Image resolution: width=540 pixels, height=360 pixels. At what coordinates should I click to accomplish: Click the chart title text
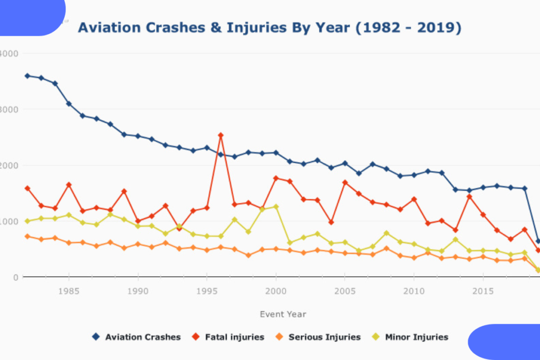[x=269, y=27]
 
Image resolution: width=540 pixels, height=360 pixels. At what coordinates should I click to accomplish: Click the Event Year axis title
[x=283, y=314]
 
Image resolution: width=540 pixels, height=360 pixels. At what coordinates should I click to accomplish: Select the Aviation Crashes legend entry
[x=137, y=337]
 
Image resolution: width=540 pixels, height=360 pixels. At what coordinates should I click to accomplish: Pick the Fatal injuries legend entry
[x=228, y=337]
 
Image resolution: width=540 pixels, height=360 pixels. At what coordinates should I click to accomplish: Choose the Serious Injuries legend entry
[x=318, y=337]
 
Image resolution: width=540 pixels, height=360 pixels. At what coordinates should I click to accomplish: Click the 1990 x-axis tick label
[x=138, y=291]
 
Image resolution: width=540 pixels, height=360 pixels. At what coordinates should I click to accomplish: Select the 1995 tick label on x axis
[x=207, y=291]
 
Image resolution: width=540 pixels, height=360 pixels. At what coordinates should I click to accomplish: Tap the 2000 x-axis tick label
[x=276, y=291]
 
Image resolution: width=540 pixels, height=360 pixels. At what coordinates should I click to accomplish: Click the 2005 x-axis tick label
[x=345, y=291]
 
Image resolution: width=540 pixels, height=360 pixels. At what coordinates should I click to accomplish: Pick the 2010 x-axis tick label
[x=414, y=291]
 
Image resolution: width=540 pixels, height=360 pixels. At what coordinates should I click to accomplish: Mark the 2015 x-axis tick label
[x=483, y=291]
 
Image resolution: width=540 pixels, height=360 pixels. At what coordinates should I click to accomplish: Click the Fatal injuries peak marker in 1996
[x=220, y=135]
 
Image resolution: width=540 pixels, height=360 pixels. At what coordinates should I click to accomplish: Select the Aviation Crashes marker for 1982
[x=27, y=76]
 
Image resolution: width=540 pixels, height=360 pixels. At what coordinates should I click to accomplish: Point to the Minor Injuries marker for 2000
[x=276, y=207]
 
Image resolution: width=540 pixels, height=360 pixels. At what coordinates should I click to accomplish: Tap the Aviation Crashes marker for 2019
[x=538, y=241]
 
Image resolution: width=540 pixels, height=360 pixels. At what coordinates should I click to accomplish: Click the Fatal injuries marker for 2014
[x=469, y=197]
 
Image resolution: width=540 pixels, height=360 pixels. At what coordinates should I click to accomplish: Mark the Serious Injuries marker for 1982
[x=27, y=236]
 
